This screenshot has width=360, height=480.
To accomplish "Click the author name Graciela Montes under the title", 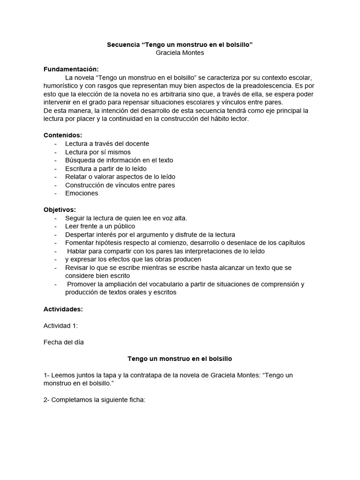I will pos(180,52).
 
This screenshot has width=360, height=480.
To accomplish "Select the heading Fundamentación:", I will pos(71,69).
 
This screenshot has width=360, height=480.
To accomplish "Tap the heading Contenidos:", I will pos(63,135).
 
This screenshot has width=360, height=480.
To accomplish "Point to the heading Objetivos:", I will pos(60,210).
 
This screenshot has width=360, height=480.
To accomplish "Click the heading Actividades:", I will pos(63,309).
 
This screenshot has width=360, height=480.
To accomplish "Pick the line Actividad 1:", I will pos(60,326).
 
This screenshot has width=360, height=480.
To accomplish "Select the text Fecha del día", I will pos(63,342).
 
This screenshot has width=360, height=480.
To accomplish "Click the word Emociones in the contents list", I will pos(82,193).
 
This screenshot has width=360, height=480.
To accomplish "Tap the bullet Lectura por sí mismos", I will pos(98,152).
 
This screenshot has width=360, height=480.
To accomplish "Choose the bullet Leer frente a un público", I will pos(100,226).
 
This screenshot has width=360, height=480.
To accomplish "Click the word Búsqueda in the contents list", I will pos(79,160).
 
